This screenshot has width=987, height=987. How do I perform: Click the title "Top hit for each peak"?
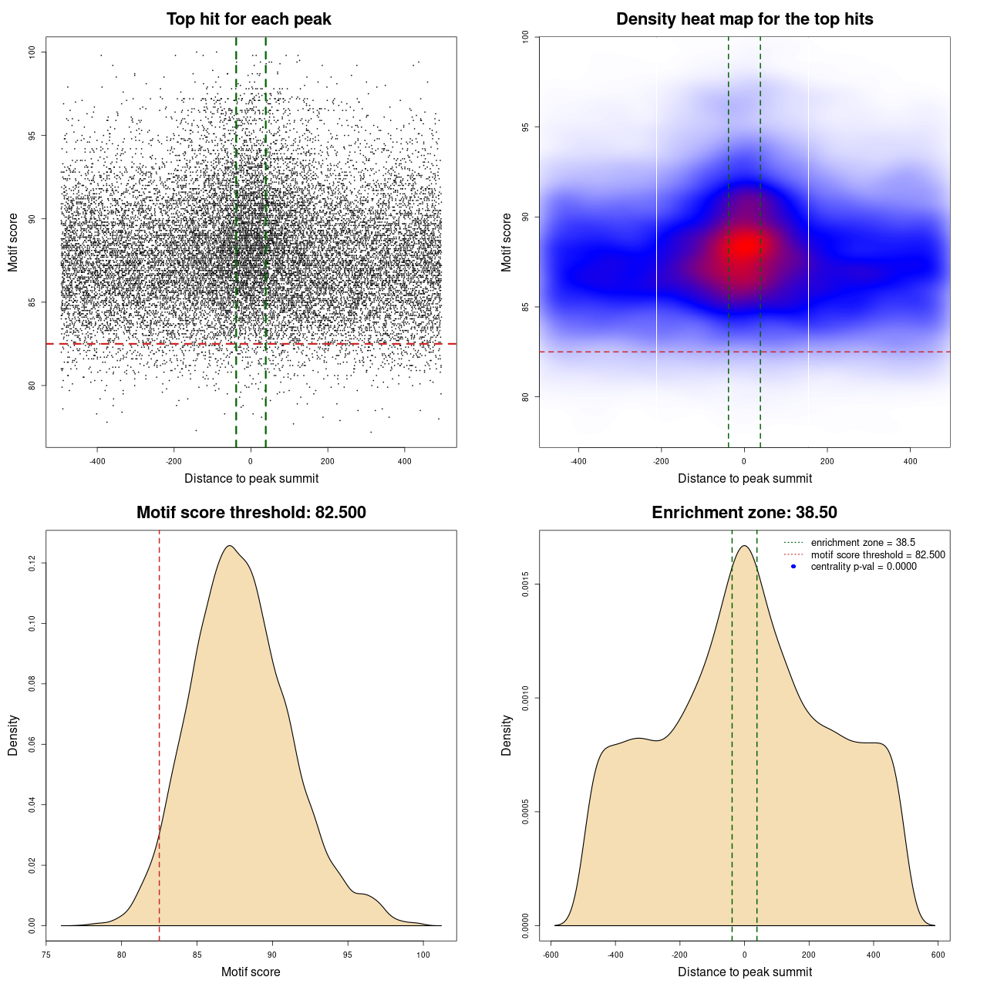click(x=248, y=19)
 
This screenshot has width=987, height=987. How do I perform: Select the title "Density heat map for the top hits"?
click(x=744, y=19)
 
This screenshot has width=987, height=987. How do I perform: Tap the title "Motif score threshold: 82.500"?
click(x=251, y=513)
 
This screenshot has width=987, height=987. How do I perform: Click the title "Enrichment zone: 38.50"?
click(x=744, y=513)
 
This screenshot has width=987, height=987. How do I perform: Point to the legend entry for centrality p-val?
click(x=864, y=567)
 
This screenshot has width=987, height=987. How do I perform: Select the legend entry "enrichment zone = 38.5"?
click(x=863, y=543)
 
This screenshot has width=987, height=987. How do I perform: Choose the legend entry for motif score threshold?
click(x=878, y=555)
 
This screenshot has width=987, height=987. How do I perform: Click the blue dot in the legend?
click(x=793, y=567)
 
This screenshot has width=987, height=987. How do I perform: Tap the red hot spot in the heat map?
click(x=745, y=246)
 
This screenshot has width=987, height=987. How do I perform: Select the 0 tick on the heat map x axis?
click(x=744, y=461)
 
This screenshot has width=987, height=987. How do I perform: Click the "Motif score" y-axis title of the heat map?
click(x=507, y=242)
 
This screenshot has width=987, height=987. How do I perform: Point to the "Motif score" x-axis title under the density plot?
click(x=251, y=972)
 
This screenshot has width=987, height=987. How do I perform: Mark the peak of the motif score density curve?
click(x=229, y=546)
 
